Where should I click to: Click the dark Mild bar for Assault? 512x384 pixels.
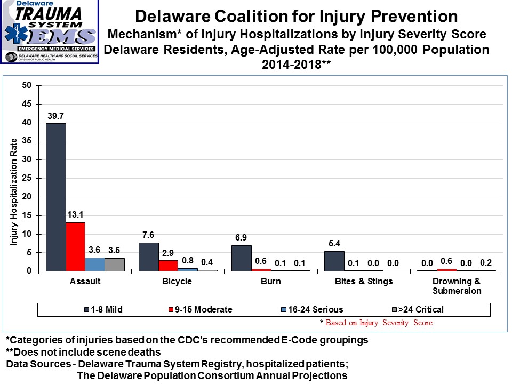[56, 197]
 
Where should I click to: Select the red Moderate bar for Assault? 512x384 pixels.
[75, 246]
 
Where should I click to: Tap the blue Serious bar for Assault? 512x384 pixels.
[95, 265]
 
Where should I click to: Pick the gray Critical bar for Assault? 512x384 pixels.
[114, 265]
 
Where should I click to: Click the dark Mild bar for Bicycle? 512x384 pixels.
[149, 257]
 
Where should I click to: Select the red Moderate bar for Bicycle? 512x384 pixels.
[168, 266]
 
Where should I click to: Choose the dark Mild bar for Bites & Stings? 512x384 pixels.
[334, 261]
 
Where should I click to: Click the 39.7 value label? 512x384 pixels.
[55, 116]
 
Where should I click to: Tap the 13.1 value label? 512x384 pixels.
[75, 215]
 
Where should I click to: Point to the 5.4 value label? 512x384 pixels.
[334, 244]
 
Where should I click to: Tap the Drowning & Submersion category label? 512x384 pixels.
[449, 286]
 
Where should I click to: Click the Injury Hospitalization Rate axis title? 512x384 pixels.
[14, 193]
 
